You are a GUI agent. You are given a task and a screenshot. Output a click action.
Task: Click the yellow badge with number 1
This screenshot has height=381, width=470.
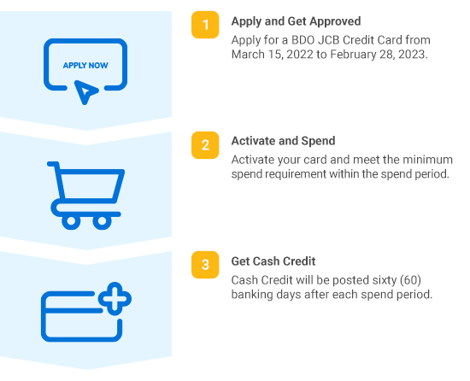[205, 25]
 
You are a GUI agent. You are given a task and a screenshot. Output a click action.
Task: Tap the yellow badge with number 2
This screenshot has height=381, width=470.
[205, 145]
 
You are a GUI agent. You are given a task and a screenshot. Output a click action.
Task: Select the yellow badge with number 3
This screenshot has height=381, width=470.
[205, 265]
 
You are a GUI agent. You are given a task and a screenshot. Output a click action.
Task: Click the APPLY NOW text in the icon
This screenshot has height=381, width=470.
[85, 65]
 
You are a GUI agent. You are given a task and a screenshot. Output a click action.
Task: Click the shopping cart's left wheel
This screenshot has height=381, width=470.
[71, 221]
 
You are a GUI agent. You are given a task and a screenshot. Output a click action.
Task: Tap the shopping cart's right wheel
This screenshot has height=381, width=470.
[102, 221]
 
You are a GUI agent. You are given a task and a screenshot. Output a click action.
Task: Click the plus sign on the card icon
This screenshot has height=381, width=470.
[115, 299]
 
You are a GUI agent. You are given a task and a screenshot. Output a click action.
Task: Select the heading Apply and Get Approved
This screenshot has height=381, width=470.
[296, 21]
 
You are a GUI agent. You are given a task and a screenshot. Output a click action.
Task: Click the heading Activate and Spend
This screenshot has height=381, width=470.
[283, 141]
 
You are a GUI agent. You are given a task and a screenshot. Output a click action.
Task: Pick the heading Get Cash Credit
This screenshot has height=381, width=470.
[273, 261]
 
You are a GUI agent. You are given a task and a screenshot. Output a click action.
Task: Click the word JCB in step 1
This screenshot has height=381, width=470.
[328, 40]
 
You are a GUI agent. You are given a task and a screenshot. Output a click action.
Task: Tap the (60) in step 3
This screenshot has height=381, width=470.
[411, 280]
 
